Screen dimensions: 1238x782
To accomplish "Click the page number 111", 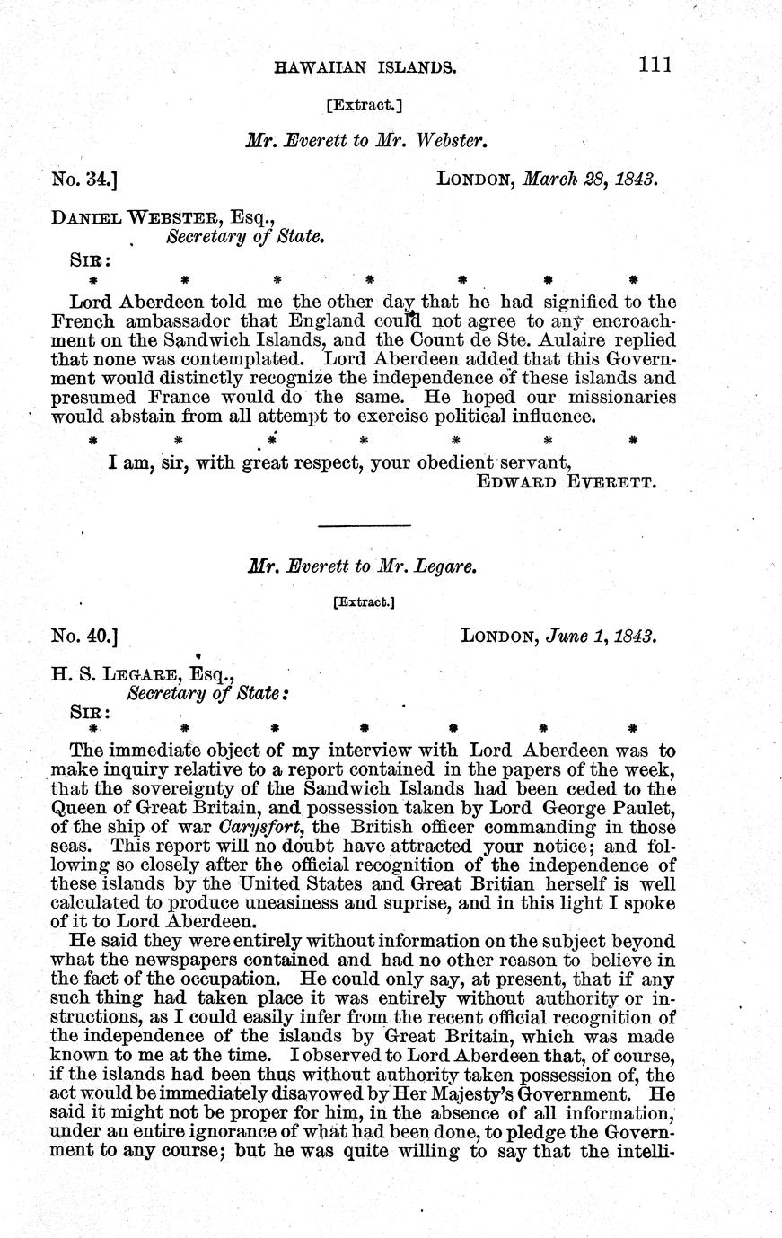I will coord(656,65).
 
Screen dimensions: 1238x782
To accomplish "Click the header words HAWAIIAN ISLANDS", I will coord(364,66).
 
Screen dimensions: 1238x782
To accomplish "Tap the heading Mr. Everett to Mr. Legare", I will coord(361,567).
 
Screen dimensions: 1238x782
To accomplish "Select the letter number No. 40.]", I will coord(86,637).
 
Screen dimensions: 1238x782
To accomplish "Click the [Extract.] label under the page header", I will coord(365,105).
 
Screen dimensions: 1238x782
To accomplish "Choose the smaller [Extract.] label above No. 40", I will coord(364,602).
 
